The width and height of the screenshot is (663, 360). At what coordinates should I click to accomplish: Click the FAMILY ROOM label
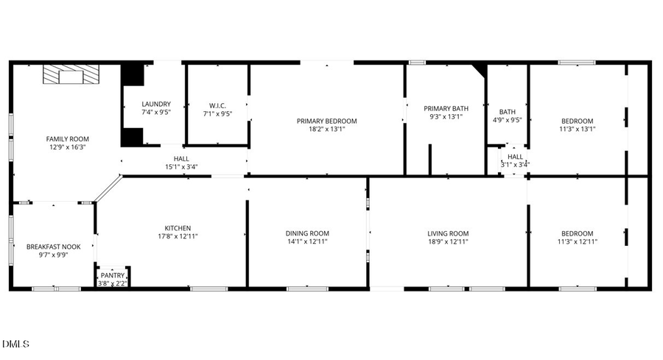point(67,138)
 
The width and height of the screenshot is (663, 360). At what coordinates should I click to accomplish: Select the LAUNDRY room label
point(156,104)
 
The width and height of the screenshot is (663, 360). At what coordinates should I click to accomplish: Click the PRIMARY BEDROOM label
point(326,121)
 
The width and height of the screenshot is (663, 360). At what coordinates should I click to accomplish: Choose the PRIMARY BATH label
point(446,107)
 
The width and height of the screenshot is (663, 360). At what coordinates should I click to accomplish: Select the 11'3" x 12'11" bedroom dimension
point(577,241)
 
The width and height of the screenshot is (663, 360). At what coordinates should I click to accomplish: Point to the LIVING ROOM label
point(448,233)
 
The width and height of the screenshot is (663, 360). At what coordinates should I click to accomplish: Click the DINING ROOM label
point(307,233)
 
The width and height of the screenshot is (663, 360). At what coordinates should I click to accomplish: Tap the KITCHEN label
point(178,228)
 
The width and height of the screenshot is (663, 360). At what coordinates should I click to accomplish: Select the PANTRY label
point(113,275)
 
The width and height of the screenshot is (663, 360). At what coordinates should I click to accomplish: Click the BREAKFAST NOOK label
point(54,247)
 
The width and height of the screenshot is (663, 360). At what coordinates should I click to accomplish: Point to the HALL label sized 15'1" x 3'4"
point(181,158)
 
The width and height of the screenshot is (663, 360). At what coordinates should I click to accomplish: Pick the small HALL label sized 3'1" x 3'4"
point(515,157)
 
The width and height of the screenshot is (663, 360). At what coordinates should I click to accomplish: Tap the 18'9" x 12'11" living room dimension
point(448,241)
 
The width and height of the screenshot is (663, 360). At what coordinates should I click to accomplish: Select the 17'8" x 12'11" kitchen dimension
point(178,236)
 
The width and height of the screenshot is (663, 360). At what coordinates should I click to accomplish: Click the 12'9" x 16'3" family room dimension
point(67,147)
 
